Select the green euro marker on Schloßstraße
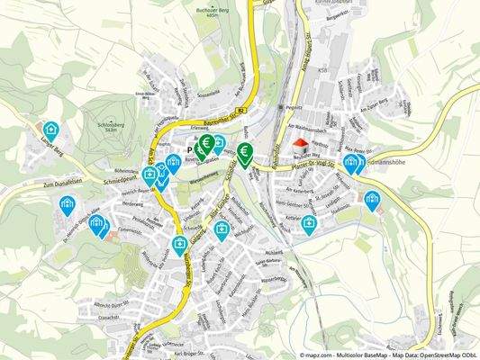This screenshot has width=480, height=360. [244, 152]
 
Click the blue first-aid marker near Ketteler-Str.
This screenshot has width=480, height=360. [309, 224]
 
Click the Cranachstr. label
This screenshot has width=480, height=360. [106, 316]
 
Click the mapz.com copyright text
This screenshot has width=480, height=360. [324, 355]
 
